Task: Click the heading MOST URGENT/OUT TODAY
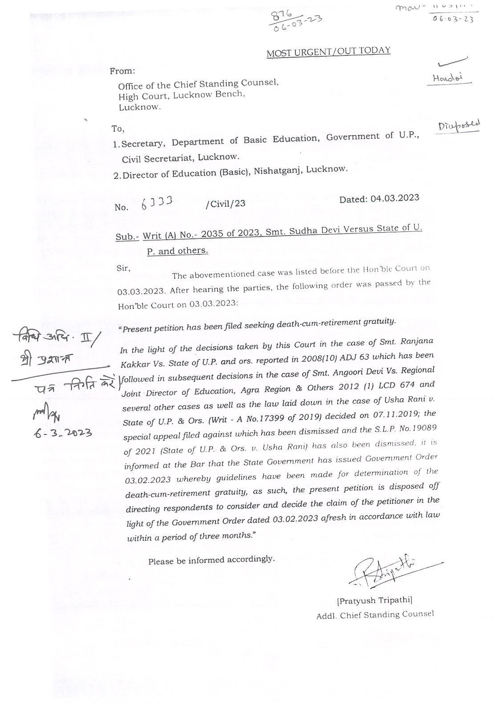(x=328, y=52)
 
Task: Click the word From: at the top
(x=122, y=71)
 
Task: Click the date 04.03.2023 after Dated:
(x=394, y=198)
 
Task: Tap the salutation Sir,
(x=123, y=268)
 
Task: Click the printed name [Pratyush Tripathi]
(x=374, y=601)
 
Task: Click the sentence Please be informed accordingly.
(x=211, y=560)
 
